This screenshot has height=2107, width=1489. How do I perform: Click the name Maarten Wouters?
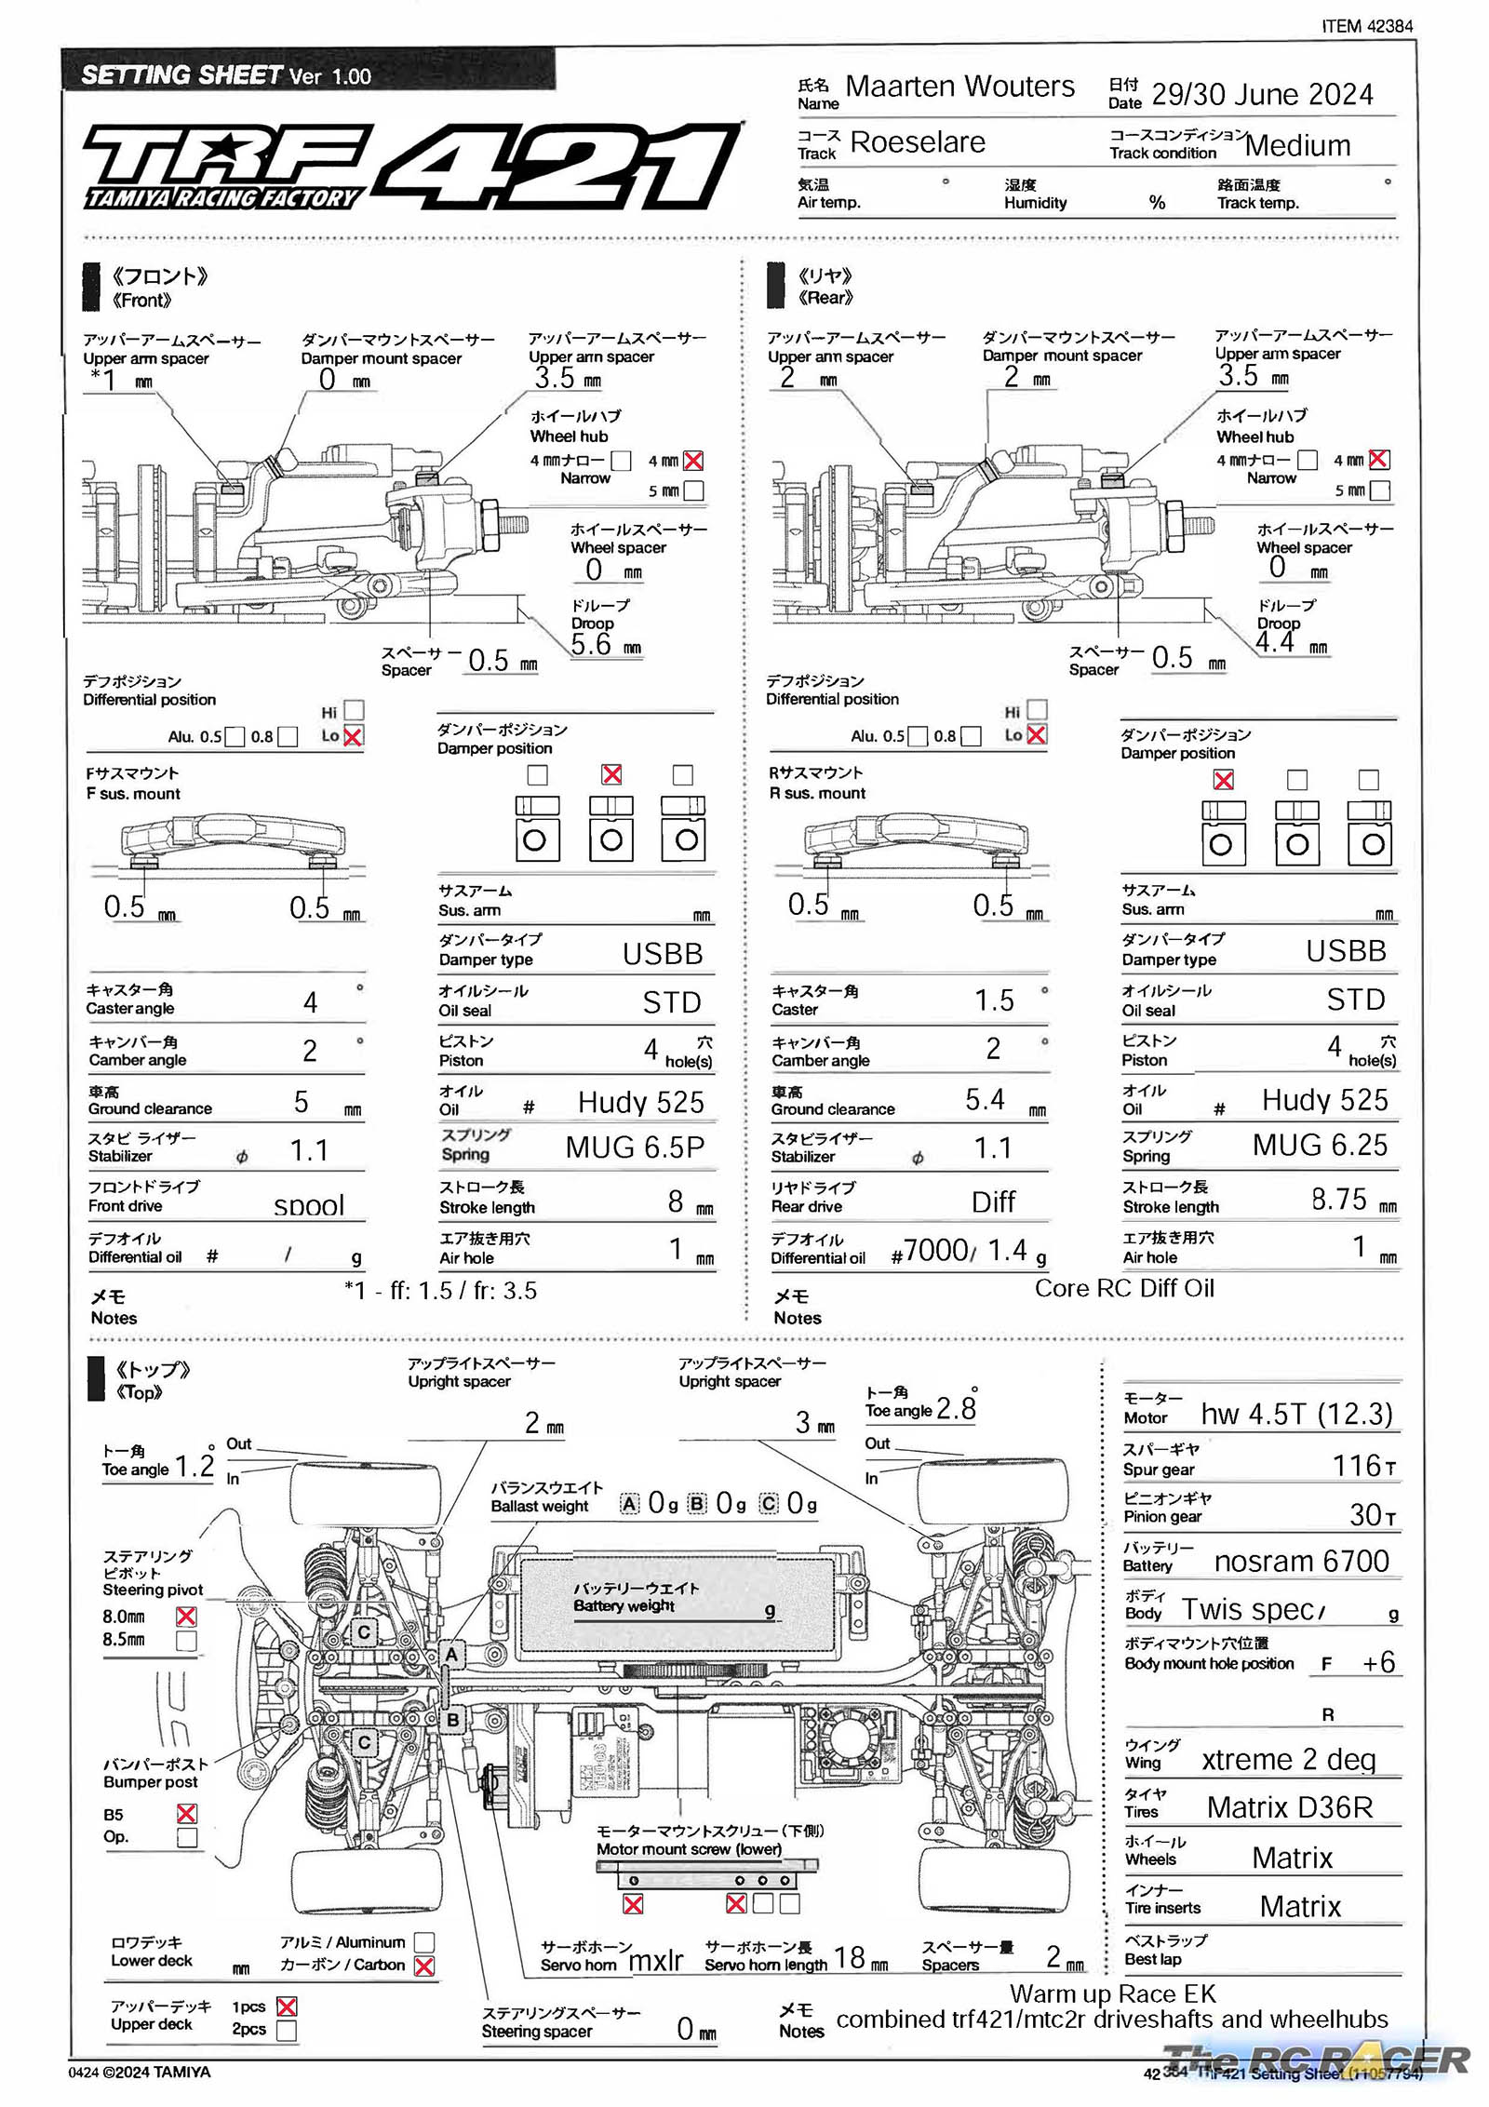(x=959, y=87)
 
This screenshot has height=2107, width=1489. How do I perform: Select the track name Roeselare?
(x=917, y=142)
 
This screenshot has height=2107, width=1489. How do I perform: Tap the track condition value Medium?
(x=1296, y=145)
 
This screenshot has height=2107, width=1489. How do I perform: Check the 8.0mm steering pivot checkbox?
(x=186, y=1617)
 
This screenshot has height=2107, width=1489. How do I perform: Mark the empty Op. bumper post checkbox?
(x=186, y=1837)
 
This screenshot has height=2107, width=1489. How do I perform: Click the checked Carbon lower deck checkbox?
(x=423, y=1966)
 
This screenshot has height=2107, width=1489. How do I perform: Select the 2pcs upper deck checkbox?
(x=287, y=2030)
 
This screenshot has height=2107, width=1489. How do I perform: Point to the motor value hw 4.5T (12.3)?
(x=1295, y=1414)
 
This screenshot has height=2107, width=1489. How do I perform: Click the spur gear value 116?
(x=1356, y=1466)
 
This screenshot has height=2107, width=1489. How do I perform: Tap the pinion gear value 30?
(x=1365, y=1515)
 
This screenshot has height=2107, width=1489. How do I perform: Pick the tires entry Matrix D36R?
(x=1289, y=1807)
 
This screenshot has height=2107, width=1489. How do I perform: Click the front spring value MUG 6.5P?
(x=635, y=1147)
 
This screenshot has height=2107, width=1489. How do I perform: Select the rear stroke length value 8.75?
(x=1338, y=1199)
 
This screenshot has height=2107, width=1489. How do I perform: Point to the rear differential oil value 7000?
(x=935, y=1250)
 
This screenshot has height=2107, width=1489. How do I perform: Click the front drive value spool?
(x=309, y=1206)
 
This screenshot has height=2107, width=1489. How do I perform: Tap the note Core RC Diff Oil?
(x=1124, y=1288)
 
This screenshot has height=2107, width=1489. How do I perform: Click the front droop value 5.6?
(x=591, y=644)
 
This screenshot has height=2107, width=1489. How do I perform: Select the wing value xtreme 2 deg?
(x=1288, y=1759)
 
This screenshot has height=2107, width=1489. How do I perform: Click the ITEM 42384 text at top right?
(x=1366, y=26)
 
